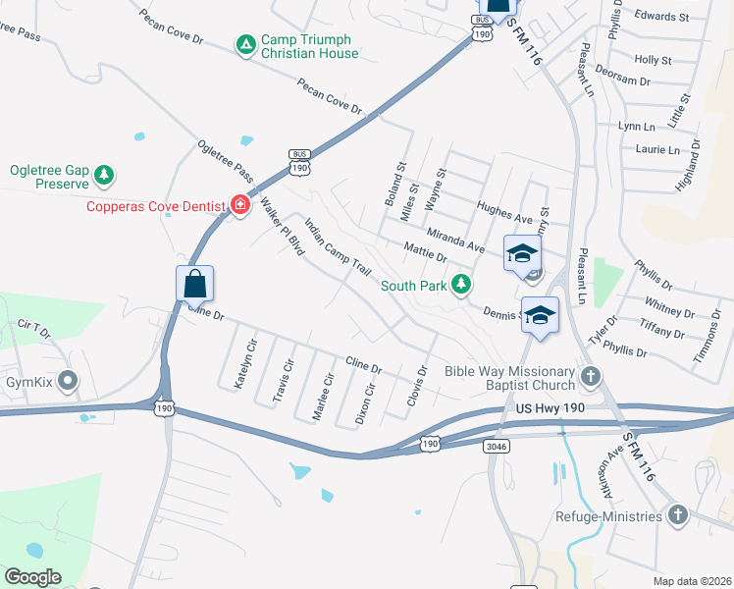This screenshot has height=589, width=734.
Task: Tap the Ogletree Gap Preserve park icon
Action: tap(103, 176)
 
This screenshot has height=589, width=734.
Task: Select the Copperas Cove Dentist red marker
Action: tap(239, 205)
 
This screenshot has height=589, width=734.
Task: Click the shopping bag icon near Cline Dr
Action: tap(194, 284)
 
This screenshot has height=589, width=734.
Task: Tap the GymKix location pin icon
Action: tap(68, 379)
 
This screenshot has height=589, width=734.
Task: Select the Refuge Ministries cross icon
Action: tap(676, 514)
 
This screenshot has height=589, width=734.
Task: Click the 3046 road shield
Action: tap(497, 446)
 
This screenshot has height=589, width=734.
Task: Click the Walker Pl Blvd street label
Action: tap(282, 226)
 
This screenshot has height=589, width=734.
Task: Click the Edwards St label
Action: tap(661, 17)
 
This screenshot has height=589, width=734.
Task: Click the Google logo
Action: tap(32, 577)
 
